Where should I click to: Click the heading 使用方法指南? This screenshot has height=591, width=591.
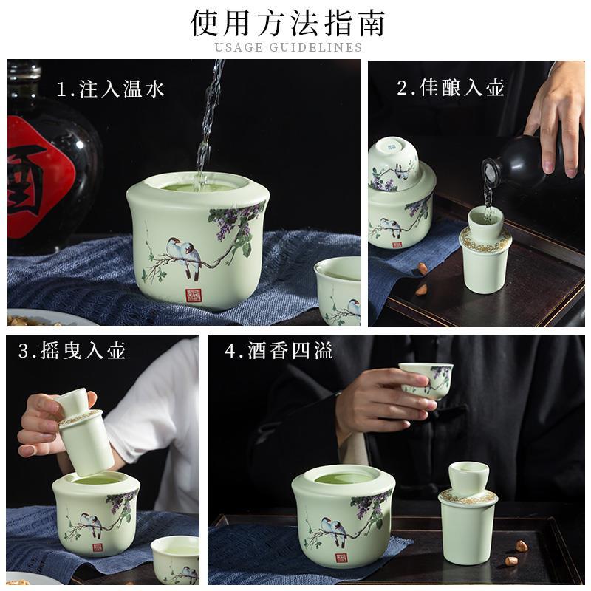click(x=287, y=24)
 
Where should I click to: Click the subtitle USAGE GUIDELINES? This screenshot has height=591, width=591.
click(x=288, y=47)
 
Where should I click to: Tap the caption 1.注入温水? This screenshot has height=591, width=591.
click(x=110, y=89)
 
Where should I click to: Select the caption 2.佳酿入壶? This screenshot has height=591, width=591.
click(x=451, y=87)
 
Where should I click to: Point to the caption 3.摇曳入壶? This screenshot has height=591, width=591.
click(x=72, y=350)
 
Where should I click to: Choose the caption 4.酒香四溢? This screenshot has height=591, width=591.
click(x=279, y=350)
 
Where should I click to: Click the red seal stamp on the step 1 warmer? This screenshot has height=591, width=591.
click(x=191, y=295)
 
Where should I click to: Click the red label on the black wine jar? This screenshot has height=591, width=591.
click(x=38, y=177)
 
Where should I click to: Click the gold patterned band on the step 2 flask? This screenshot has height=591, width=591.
click(x=485, y=239)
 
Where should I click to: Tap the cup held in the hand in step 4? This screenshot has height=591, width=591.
click(x=426, y=380)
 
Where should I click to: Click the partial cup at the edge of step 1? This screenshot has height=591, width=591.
click(x=338, y=290)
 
